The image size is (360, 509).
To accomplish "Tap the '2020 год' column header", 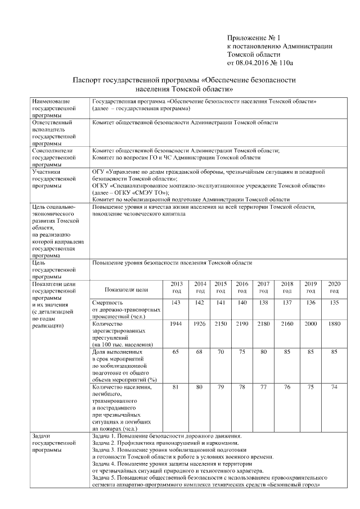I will [x=334, y=287].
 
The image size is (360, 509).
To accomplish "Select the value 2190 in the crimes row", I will [x=242, y=325].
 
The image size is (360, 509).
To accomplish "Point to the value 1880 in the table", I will [x=334, y=325].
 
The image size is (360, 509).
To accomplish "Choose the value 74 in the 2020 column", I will [x=334, y=386].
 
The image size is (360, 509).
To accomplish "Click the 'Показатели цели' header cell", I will [x=127, y=290].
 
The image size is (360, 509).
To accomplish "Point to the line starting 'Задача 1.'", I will [x=167, y=436].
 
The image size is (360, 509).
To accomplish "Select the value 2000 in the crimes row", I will [x=311, y=325].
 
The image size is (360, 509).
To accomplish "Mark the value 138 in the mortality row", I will [x=263, y=303].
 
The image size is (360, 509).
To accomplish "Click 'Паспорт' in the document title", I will [x=90, y=80].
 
